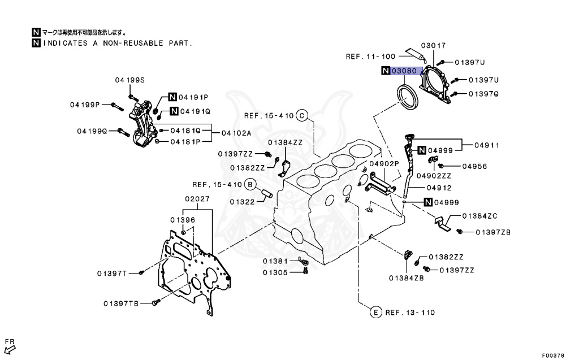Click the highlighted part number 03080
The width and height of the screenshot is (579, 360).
point(405,71)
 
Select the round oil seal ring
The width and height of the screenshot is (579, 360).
point(405,97)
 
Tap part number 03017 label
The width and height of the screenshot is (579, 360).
point(433,46)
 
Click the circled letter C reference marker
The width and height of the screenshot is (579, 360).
point(302,116)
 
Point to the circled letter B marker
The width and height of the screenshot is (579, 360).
point(250,184)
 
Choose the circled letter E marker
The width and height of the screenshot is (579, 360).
point(374,312)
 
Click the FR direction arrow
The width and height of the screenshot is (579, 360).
point(10,346)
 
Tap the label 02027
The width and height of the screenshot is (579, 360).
point(197,199)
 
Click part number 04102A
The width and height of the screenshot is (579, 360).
point(236,133)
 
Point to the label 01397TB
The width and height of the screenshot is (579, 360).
point(120,303)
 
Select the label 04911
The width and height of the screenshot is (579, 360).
point(487,145)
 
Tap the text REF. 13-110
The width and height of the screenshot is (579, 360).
point(411,312)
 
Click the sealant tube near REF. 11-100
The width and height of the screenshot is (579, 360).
point(415,55)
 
